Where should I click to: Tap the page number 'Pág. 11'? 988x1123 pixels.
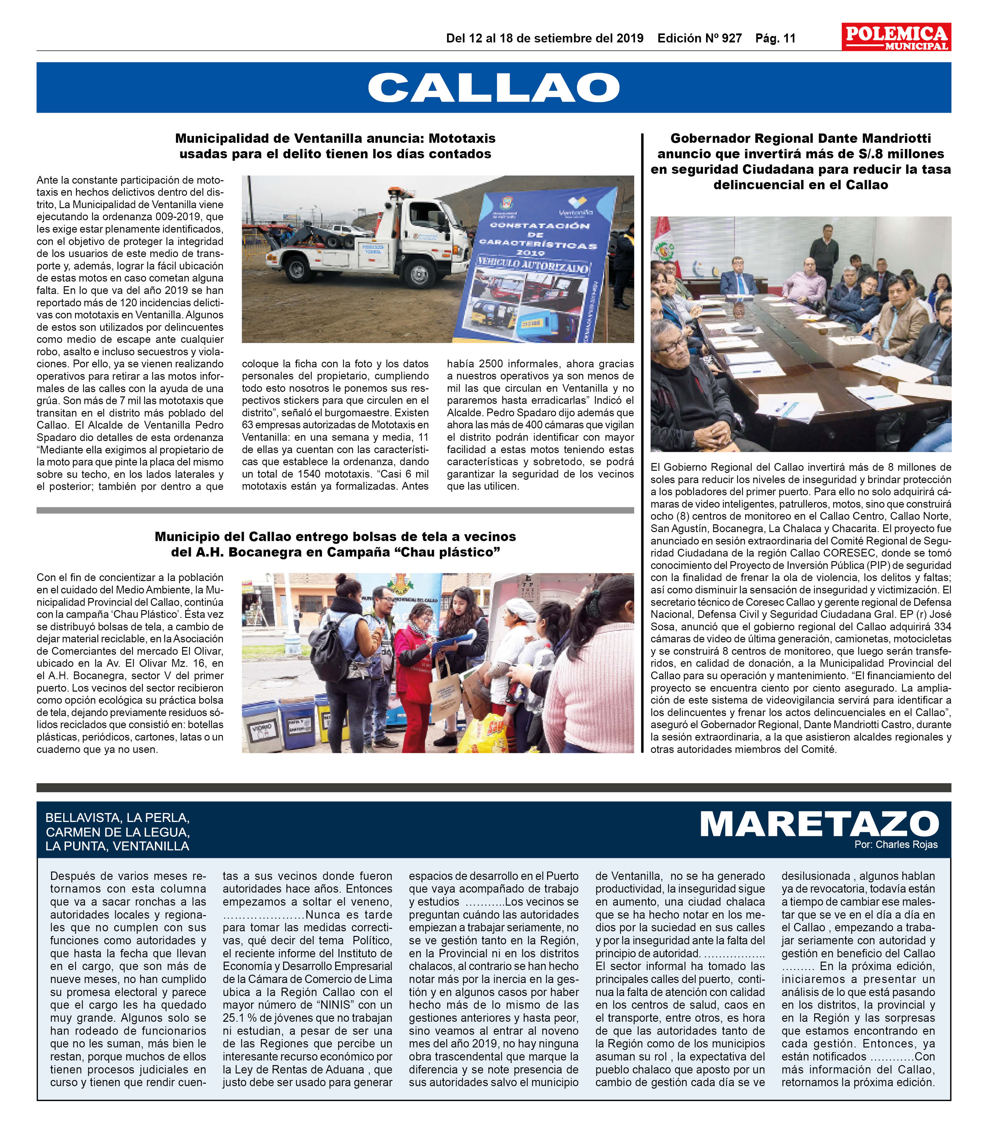(x=775, y=38)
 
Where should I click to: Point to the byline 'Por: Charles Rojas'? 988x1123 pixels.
(x=896, y=845)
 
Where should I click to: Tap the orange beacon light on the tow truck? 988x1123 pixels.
(x=394, y=190)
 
